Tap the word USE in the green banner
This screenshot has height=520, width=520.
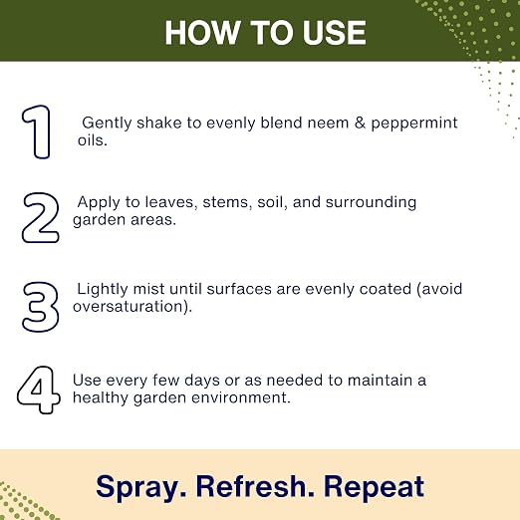pyautogui.click(x=335, y=33)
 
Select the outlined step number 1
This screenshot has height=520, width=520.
pyautogui.click(x=36, y=131)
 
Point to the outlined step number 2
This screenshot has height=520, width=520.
pyautogui.click(x=41, y=217)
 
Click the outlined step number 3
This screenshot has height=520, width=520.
pyautogui.click(x=41, y=307)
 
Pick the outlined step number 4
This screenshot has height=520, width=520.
pyautogui.click(x=39, y=390)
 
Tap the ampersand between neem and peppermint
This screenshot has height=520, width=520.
pyautogui.click(x=360, y=123)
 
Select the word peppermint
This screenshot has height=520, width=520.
pyautogui.click(x=414, y=124)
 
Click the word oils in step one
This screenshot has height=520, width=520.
pyautogui.click(x=93, y=140)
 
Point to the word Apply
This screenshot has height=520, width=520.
pyautogui.click(x=99, y=202)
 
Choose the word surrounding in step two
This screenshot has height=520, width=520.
pyautogui.click(x=371, y=202)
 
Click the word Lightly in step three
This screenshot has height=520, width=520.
pyautogui.click(x=103, y=290)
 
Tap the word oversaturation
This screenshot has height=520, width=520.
pyautogui.click(x=132, y=307)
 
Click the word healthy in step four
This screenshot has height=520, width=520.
pyautogui.click(x=101, y=398)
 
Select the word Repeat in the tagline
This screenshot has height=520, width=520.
pyautogui.click(x=375, y=487)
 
